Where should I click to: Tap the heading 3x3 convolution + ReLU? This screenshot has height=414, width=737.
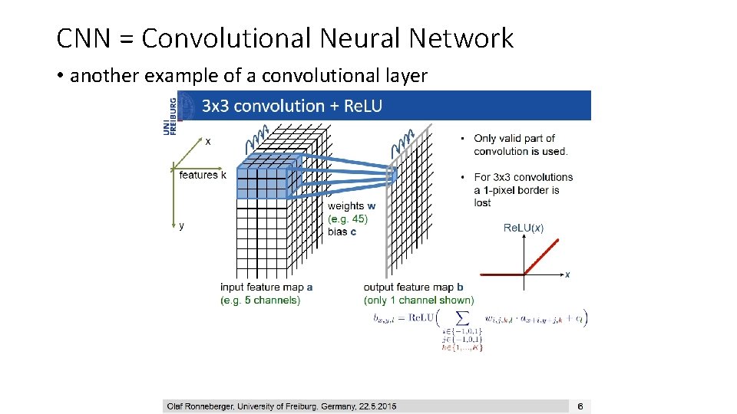tap(292, 106)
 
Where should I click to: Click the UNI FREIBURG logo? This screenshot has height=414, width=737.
tap(170, 114)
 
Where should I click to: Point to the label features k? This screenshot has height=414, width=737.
tap(203, 175)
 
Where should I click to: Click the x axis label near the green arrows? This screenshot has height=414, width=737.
tap(208, 141)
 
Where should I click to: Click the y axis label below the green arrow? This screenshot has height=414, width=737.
tap(181, 225)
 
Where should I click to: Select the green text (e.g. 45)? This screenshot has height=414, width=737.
tap(348, 219)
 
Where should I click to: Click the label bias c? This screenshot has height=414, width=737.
tap(342, 232)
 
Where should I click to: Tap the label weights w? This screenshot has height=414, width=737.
tap(352, 205)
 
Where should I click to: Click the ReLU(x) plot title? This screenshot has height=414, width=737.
tap(524, 228)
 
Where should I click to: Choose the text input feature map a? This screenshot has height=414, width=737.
tap(266, 287)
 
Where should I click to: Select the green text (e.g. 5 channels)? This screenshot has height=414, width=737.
tap(260, 300)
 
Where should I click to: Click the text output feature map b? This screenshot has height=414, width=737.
tap(413, 287)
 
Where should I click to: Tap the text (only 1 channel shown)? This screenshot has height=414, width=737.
tap(419, 300)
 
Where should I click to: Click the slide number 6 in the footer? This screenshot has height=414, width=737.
tap(580, 406)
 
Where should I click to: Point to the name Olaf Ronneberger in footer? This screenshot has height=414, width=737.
tap(202, 406)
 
